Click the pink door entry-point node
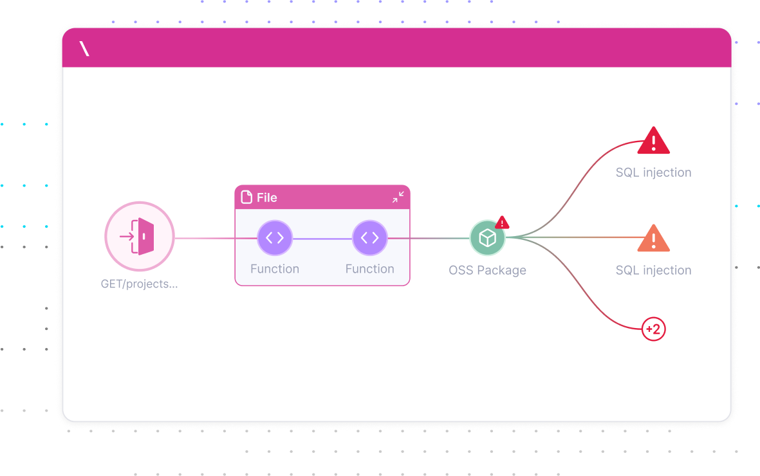[x=140, y=237]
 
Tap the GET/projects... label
[x=139, y=284]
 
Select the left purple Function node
[x=275, y=238]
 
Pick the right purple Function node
[x=369, y=238]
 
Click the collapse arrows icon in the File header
[x=398, y=197]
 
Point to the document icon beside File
[x=246, y=197]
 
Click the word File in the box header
[x=266, y=197]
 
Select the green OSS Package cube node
[x=487, y=238]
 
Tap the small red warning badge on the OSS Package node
[x=502, y=223]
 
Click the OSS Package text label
[x=487, y=270]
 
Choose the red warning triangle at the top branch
[x=653, y=140]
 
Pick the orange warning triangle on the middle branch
[x=653, y=239]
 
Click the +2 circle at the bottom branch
[x=653, y=329]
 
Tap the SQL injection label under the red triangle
[x=653, y=172]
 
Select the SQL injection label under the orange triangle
[x=653, y=270]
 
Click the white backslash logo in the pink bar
[x=84, y=48]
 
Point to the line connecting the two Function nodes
[x=322, y=239]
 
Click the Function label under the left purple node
[x=275, y=269]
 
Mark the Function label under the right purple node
[x=369, y=269]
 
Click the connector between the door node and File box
[x=205, y=238]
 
